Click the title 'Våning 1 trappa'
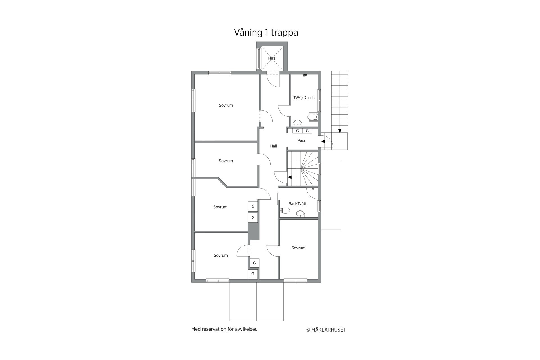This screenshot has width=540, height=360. coord(266,33)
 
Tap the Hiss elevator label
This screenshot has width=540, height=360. coord(272,58)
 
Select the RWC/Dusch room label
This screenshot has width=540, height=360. coord(303,98)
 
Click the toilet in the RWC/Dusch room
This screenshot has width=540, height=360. coord(312,116)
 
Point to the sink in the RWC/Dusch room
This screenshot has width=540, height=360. coord(297,123)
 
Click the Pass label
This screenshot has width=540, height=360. coord(301,140)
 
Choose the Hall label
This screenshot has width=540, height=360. coord(273,146)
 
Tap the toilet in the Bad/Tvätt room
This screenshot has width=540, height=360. coord(285,211)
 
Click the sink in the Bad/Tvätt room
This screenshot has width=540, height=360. coord(300,214)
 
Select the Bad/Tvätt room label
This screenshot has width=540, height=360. coord(298,204)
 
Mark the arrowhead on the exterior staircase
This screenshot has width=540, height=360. coord(340,131)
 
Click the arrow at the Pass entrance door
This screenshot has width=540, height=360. coord(323,141)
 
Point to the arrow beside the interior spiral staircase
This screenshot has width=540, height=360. coord(289,177)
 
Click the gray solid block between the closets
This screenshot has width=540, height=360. coord(253,231)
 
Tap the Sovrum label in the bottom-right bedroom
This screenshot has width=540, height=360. coord(298,248)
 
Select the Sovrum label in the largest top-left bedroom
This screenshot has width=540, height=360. coord(226,105)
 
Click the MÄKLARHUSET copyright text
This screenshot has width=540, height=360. coord(326,330)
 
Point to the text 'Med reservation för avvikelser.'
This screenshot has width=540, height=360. coord(224,329)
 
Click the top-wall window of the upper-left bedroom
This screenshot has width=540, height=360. coord(220,73)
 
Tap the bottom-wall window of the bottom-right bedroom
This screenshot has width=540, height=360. coord(295,280)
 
